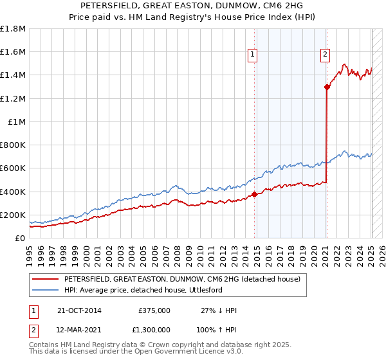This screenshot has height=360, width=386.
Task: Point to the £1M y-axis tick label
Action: coord(15,122)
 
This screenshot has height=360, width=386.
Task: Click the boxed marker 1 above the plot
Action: coord(253,55)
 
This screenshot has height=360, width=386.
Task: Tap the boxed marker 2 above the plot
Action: coord(326,55)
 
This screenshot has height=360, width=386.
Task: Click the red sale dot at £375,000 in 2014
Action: coord(255,194)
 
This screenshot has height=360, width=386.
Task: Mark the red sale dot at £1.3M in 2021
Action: coord(327,87)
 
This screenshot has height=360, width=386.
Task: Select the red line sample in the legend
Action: coord(45,279)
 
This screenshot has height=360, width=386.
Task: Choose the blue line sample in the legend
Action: coord(45,290)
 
